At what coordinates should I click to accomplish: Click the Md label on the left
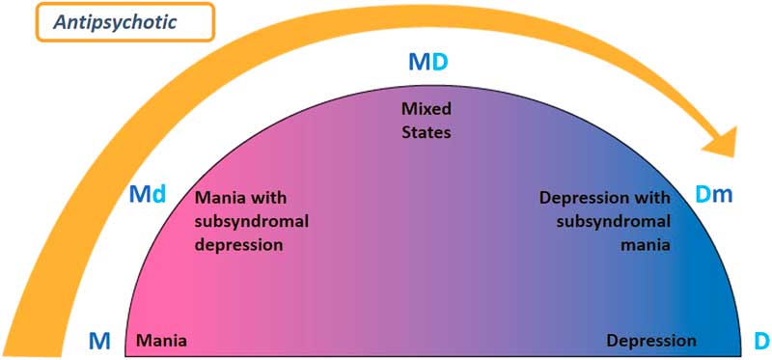[148, 194]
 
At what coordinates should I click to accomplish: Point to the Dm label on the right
[714, 195]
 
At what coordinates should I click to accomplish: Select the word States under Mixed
[426, 130]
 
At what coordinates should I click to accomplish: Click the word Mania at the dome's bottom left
[162, 341]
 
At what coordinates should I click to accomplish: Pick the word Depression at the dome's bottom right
[650, 341]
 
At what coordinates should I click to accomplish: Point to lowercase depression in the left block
[238, 245]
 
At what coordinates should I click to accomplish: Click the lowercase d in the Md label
[160, 194]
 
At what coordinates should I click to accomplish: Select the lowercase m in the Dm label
[724, 195]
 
